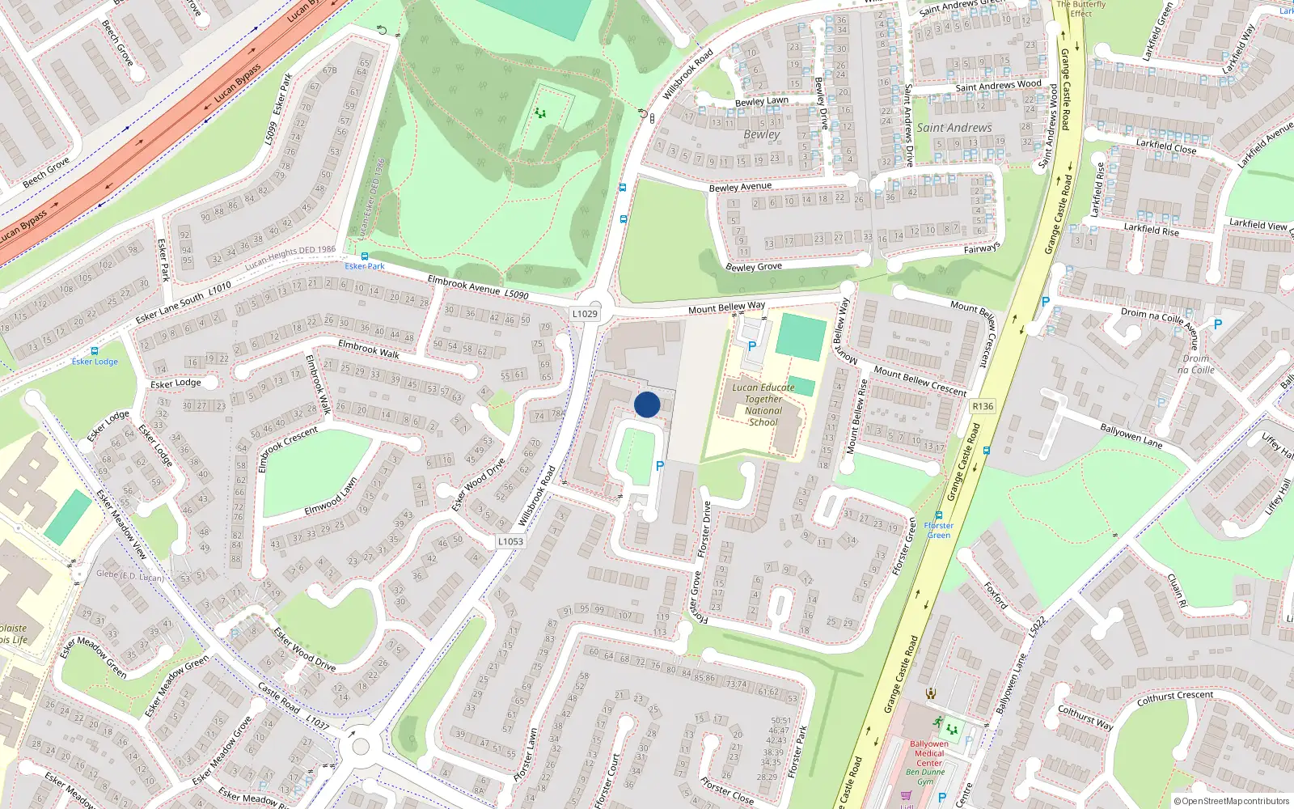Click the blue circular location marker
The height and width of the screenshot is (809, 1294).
[647, 404]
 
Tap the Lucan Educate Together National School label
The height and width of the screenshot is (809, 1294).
[763, 404]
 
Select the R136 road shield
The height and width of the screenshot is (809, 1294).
[983, 406]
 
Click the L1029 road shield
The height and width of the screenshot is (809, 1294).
[585, 314]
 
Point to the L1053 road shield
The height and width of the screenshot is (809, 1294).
[510, 542]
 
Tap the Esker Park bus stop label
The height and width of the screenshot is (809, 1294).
[365, 266]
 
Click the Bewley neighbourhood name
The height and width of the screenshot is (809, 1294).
[761, 134]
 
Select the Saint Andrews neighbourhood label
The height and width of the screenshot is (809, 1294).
[954, 128]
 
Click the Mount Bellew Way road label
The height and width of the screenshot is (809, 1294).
[726, 307]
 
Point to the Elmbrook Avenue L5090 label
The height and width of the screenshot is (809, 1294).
[477, 287]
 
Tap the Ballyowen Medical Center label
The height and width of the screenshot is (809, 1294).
[929, 753]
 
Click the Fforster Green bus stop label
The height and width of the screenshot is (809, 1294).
[939, 530]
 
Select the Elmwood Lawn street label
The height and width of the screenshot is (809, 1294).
[331, 496]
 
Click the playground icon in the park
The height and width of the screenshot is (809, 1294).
[540, 113]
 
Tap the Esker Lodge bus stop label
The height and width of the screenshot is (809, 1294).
[95, 362]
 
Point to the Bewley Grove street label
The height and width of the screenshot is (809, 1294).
[754, 266]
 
